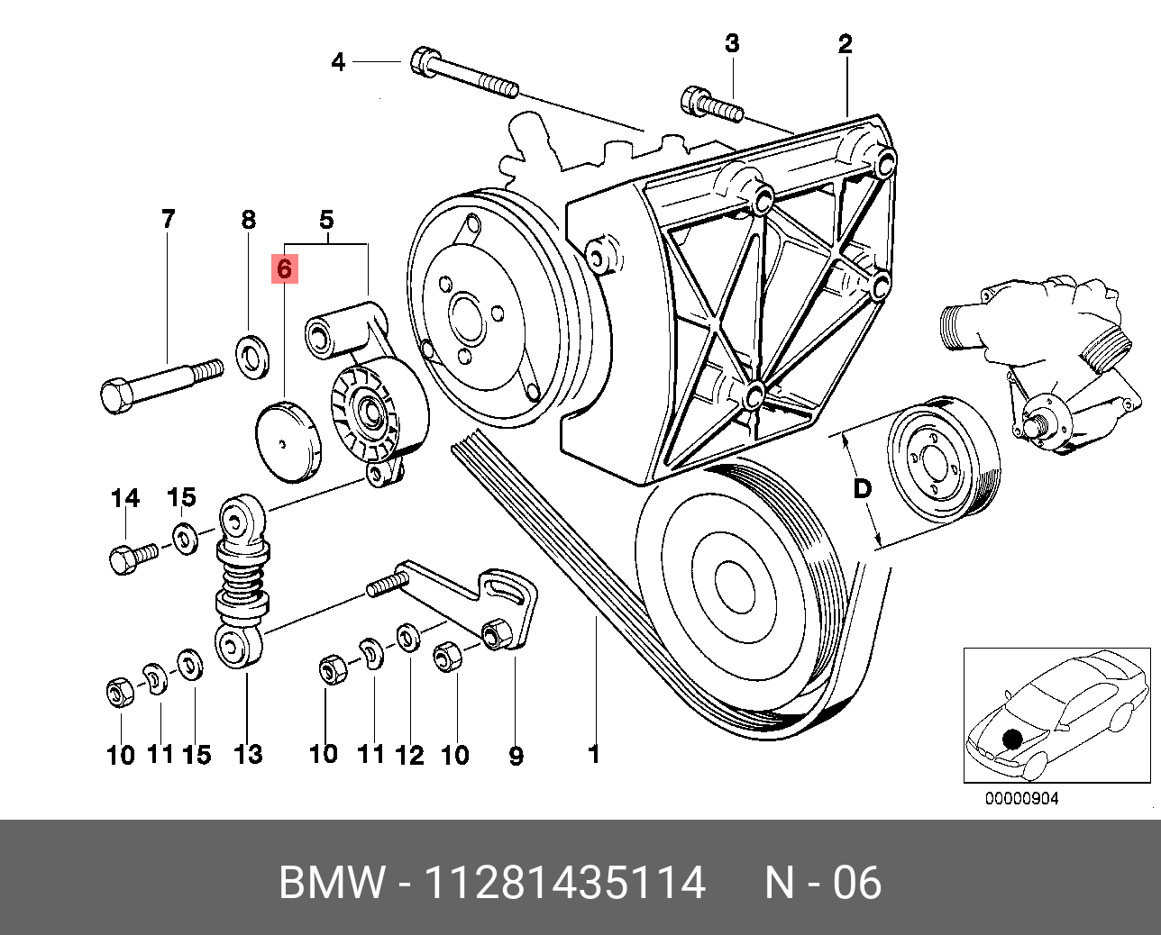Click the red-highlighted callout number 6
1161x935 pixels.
point(285,268)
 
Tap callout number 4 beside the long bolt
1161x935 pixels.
point(338,62)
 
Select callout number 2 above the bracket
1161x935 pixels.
point(845,44)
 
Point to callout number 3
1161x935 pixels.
point(732,43)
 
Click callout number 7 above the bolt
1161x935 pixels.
point(169,219)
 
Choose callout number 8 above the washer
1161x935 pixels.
point(248,220)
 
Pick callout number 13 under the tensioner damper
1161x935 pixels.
point(248,754)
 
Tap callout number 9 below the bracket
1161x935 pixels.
point(516,755)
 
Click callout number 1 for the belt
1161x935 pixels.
point(593,753)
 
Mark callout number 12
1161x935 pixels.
point(409,754)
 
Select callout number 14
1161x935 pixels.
point(125,498)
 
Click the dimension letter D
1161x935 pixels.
point(863,489)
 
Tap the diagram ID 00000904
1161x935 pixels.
point(1021,798)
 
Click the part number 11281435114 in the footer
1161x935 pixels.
point(564,883)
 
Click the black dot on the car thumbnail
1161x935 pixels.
point(1014,739)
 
